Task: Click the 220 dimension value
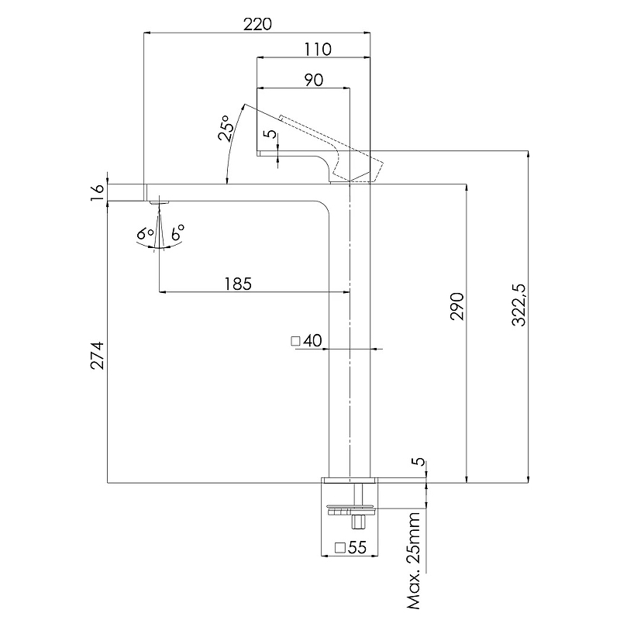coord(257,24)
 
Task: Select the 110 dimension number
coord(318,50)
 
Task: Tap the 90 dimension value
coord(313,79)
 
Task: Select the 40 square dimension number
coord(313,340)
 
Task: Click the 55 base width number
coord(356,548)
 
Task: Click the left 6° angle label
coord(143,233)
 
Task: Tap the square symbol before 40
coord(295,340)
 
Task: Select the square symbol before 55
coord(339,548)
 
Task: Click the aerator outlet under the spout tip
coord(159,202)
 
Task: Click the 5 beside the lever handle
coord(270,133)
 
